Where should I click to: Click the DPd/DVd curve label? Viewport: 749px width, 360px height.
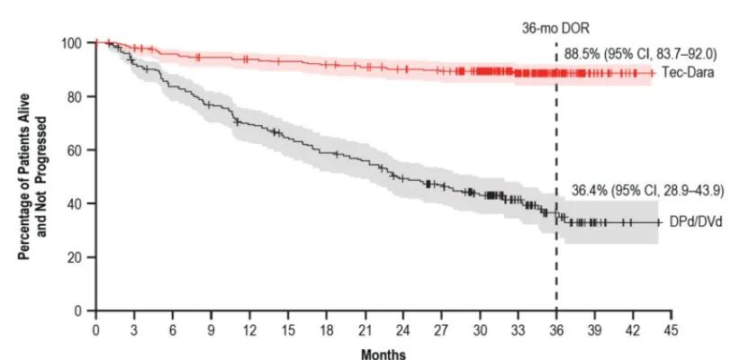(691, 222)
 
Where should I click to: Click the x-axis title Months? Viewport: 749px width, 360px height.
(383, 355)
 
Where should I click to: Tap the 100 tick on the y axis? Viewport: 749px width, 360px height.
(77, 43)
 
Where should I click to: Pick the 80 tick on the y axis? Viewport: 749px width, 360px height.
(80, 96)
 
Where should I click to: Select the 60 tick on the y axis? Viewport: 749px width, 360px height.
(80, 150)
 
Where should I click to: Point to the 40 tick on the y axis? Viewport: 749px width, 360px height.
(80, 203)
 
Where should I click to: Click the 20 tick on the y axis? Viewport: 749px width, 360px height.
(80, 257)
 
